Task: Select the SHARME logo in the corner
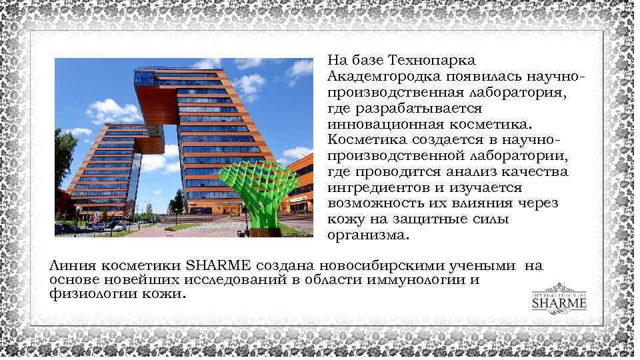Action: [559, 301]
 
